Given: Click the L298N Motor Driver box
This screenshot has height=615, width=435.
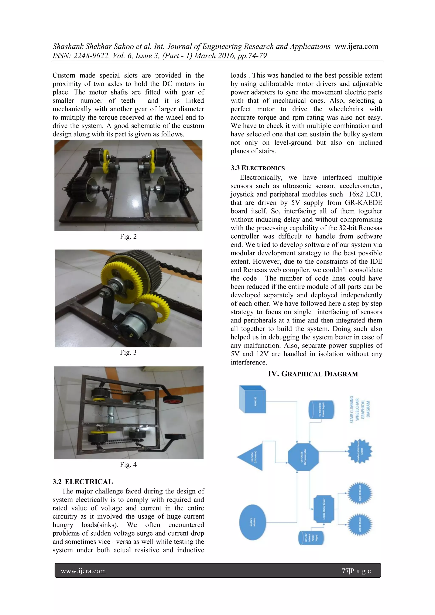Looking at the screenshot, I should coord(323,509).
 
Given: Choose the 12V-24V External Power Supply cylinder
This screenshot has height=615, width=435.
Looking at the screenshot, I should coord(311,538).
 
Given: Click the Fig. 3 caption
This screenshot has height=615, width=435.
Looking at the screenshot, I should coord(128,352).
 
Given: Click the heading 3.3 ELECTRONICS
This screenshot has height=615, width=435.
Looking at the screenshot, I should coord(257,168).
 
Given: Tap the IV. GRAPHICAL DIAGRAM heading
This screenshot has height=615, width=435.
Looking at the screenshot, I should coord(313,374).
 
